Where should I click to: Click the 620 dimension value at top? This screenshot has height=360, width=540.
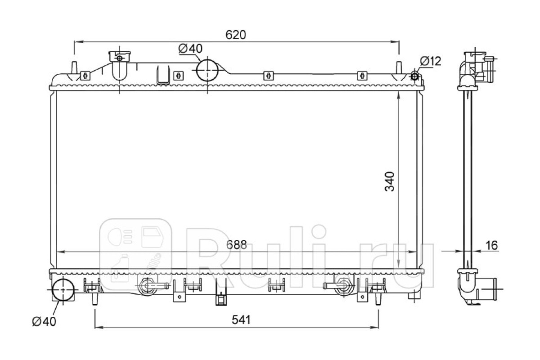click(x=235, y=35)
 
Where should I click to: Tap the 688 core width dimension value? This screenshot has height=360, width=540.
click(x=236, y=245)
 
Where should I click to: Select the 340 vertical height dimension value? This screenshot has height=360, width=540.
click(x=390, y=181)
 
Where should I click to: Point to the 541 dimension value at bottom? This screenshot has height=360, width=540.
click(x=241, y=320)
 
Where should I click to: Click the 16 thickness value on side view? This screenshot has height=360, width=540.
click(x=491, y=245)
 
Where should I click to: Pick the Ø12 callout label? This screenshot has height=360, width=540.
click(x=430, y=61)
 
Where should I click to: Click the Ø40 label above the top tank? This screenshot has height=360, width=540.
click(x=190, y=49)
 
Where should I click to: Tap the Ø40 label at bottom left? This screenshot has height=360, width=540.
click(x=44, y=321)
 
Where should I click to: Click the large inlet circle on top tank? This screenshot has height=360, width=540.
click(x=207, y=70)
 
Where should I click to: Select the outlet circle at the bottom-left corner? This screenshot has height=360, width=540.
click(x=63, y=290)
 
